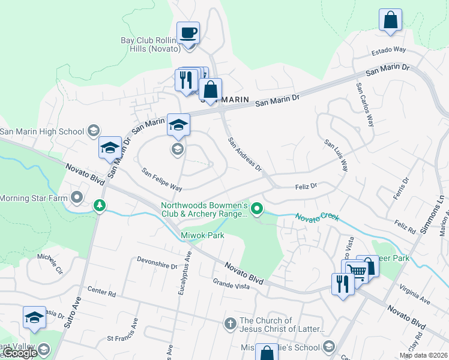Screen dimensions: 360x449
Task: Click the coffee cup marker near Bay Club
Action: coord(188,32)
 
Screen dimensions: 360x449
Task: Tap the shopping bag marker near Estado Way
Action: coord(390,20)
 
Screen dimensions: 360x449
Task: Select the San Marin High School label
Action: coord(42,131)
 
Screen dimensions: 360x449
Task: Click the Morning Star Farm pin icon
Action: coord(77,197)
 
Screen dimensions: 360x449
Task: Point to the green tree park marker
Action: coord(100,206)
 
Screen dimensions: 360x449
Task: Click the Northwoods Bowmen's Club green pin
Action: coord(258,209)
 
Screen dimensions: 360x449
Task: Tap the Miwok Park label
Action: coord(202,235)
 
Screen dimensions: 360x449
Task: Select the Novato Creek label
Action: coord(316,216)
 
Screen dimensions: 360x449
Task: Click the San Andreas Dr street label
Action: coord(245,155)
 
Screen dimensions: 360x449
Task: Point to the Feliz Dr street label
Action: coord(306,187)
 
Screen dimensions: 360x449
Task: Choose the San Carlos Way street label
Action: coord(365,104)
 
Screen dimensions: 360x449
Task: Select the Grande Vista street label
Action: coord(231,283)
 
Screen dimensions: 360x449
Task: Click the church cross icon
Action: coord(230,325)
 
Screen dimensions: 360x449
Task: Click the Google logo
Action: coord(19,353)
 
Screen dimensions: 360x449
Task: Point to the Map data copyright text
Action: coord(424,355)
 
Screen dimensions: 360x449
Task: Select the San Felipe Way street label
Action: coord(161,180)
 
